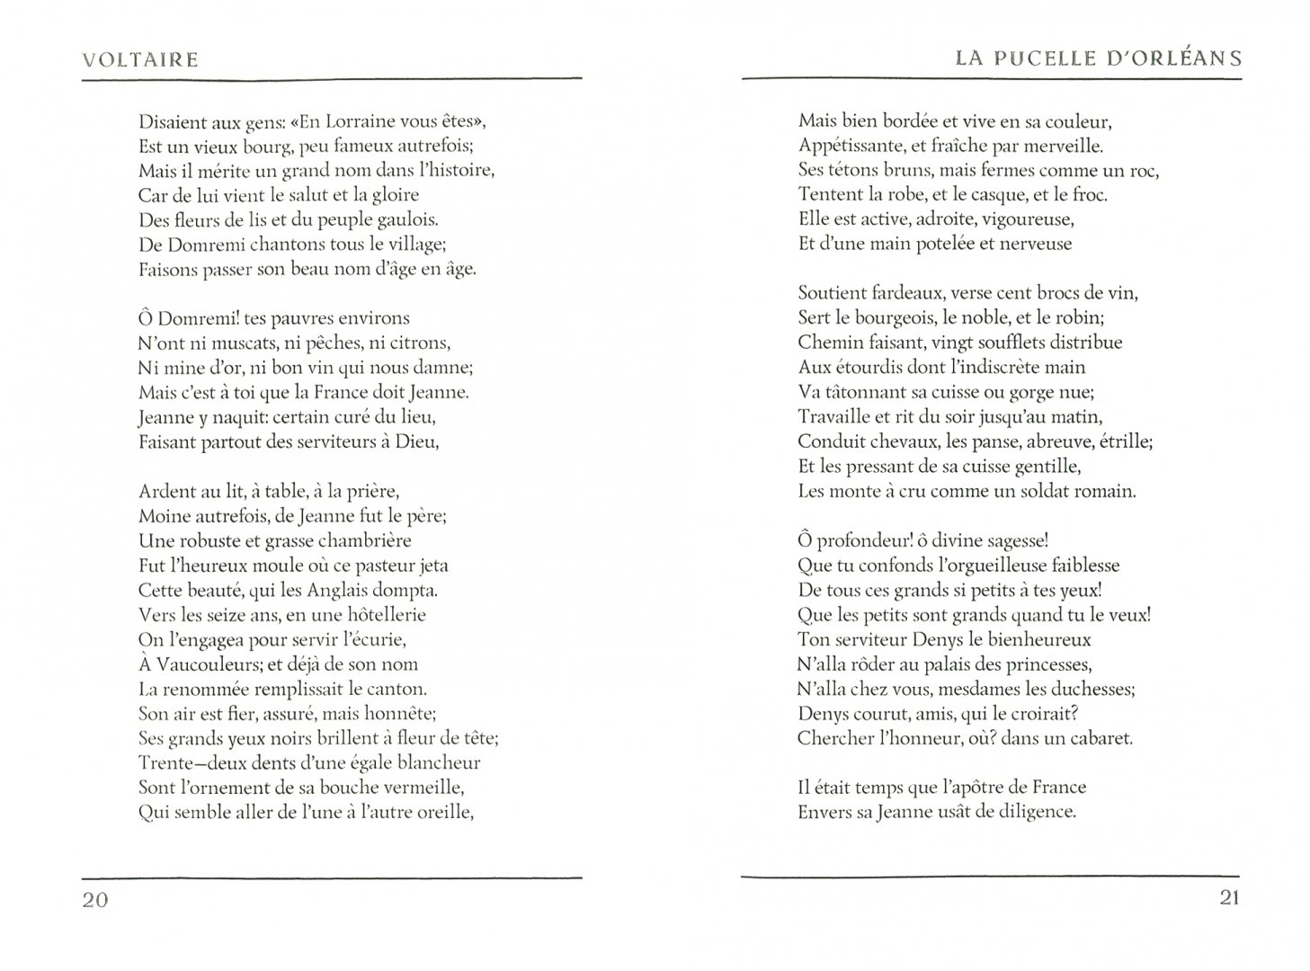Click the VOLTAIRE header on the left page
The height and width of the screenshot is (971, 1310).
tap(139, 60)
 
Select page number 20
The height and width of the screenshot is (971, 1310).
tap(95, 900)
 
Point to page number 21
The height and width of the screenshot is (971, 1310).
tap(1230, 897)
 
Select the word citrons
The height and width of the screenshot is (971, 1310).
tap(418, 343)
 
